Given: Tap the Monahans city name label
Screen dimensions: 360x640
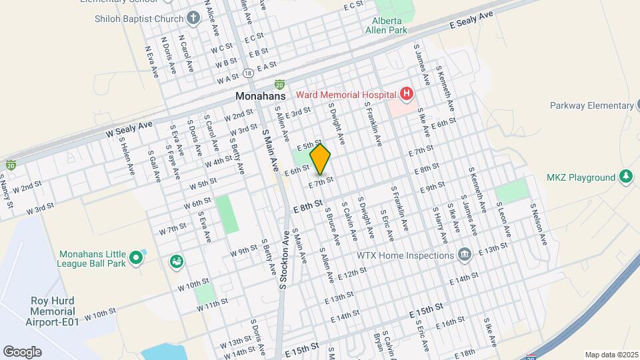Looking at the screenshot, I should [260, 96].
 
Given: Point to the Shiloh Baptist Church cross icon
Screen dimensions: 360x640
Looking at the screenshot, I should [193, 18].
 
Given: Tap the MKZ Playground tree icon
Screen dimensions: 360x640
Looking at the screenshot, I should [625, 177].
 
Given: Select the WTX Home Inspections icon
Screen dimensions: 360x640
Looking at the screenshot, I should [465, 255].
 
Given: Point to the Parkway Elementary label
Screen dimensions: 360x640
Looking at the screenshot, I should [591, 105].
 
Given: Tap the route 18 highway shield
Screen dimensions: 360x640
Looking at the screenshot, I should [248, 72].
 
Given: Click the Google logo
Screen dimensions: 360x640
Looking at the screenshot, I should [22, 351].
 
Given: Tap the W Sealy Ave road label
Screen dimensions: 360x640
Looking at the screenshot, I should [129, 129].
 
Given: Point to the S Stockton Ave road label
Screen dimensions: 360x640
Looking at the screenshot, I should [285, 259].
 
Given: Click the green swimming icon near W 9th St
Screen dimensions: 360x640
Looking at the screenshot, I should [177, 261].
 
